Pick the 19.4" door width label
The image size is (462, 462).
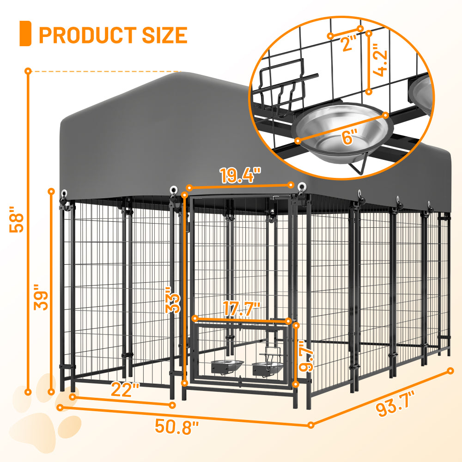(x=240, y=176)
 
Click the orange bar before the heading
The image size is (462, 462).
(x=25, y=34)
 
